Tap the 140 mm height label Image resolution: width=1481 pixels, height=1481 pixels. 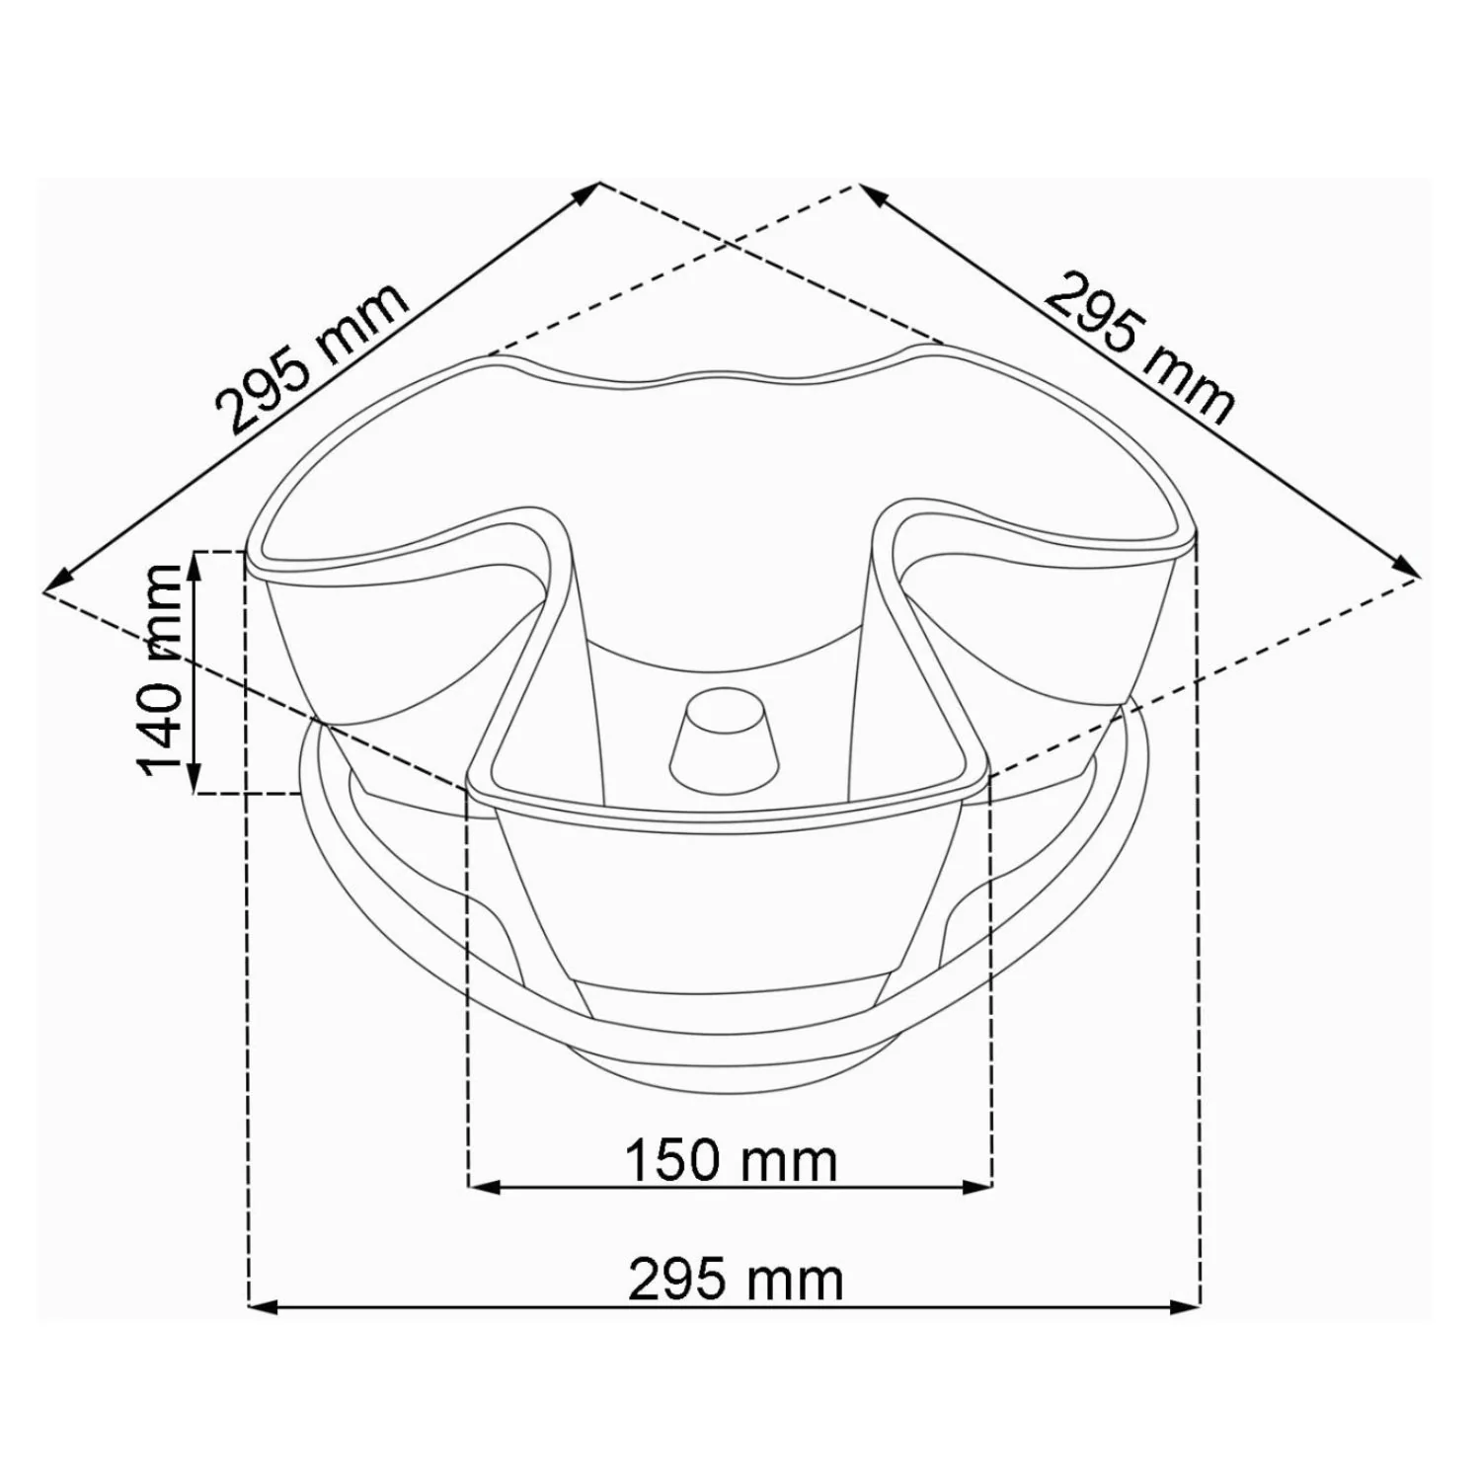[x=160, y=670]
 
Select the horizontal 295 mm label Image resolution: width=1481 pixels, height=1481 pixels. [x=737, y=1281]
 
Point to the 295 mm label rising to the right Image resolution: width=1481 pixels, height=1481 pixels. [x=312, y=358]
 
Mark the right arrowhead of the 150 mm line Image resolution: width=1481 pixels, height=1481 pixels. [x=976, y=1186]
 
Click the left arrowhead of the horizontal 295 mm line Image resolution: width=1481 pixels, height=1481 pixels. [x=261, y=1307]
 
